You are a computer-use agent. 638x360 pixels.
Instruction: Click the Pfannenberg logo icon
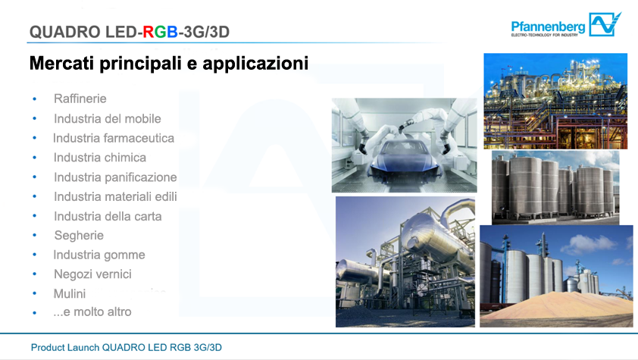[605, 24]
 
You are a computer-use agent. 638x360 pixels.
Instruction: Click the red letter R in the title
[148, 32]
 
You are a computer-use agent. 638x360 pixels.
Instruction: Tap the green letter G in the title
[161, 32]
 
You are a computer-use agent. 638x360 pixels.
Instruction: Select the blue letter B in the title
[172, 32]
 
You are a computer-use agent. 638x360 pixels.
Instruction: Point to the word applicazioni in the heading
[255, 64]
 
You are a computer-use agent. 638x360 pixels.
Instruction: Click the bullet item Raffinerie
[80, 99]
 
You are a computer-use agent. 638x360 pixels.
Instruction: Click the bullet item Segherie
[79, 236]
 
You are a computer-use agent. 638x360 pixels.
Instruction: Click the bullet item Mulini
[70, 294]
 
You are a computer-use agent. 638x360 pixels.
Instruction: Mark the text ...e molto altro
[92, 312]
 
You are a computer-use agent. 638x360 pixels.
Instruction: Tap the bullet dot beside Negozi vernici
[35, 274]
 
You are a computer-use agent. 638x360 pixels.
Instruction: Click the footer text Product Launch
[65, 348]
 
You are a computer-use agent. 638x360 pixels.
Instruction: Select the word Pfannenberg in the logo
[548, 27]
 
